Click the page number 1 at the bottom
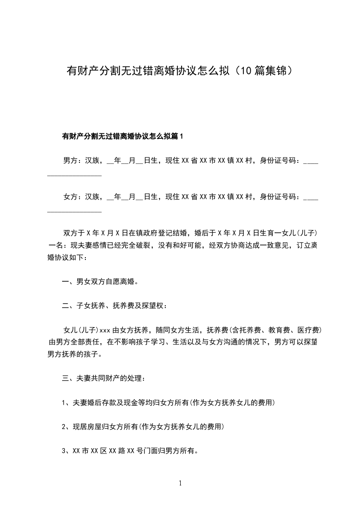[180, 483]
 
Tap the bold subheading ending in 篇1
[122, 136]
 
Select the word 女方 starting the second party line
[70, 197]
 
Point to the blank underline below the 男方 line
[74, 175]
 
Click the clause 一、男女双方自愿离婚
[100, 281]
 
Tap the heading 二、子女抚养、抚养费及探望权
[115, 306]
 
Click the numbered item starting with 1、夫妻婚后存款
[168, 402]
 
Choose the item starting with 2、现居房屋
[143, 427]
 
